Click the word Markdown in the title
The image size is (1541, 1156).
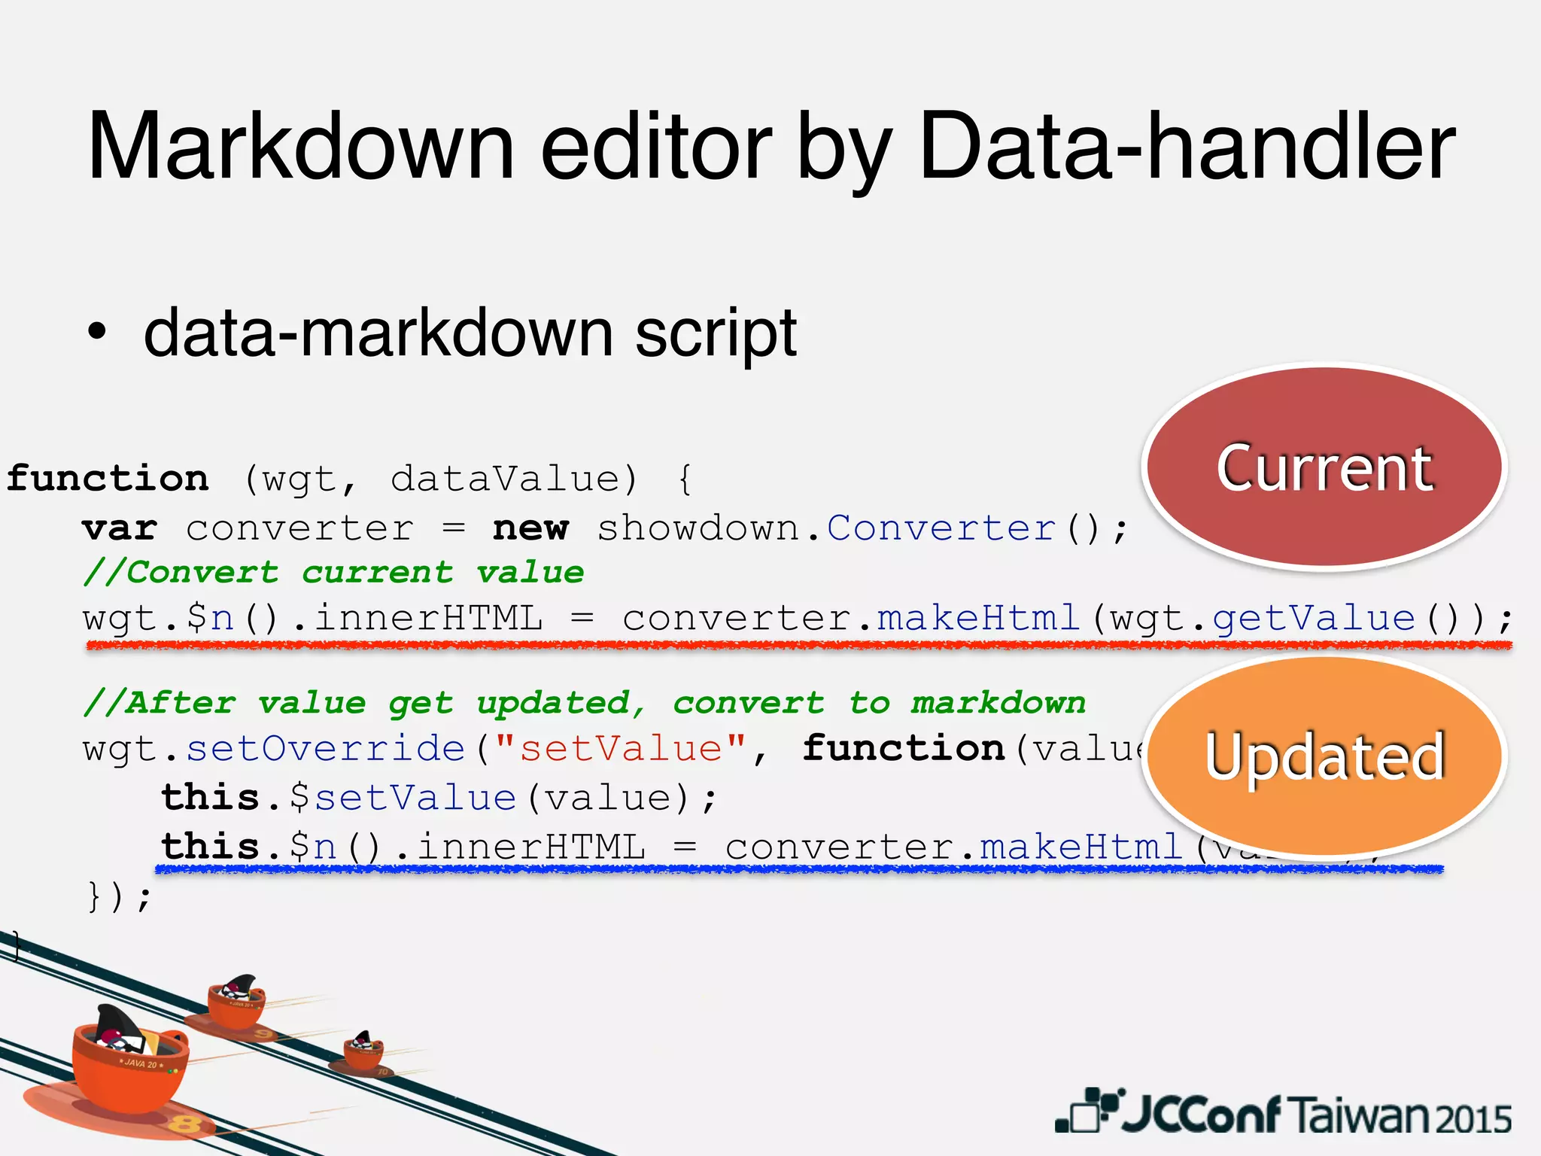click(x=301, y=147)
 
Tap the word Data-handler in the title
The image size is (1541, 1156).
click(x=1187, y=147)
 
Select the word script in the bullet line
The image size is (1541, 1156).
click(x=715, y=333)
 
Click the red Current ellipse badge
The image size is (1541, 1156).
click(x=1324, y=467)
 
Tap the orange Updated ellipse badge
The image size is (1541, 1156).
click(x=1324, y=756)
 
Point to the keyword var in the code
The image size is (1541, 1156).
click(x=120, y=528)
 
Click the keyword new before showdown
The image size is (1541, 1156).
click(x=530, y=528)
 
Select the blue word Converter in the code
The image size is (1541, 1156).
click(x=941, y=528)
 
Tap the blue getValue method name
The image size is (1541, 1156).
click(x=1314, y=619)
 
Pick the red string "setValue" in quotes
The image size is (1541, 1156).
click(x=621, y=749)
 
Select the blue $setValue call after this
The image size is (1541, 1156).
click(x=403, y=798)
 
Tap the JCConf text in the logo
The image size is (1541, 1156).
click(x=1200, y=1115)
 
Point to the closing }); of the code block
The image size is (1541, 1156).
click(x=120, y=896)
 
